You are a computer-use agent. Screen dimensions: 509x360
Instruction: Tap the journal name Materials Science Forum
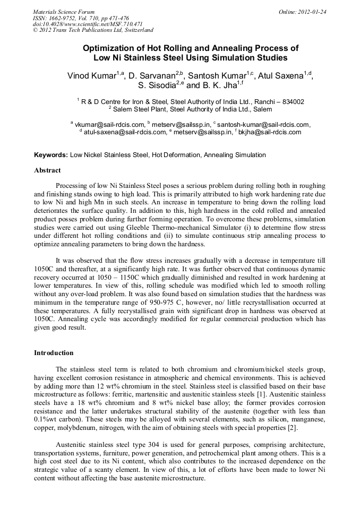(x=64, y=11)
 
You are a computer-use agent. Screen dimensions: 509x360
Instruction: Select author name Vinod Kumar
(x=91, y=76)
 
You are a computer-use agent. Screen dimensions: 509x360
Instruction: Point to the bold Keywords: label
(x=51, y=155)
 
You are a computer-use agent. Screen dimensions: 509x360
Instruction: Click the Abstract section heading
(x=47, y=170)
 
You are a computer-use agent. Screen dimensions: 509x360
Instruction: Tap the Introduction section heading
(x=54, y=352)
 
